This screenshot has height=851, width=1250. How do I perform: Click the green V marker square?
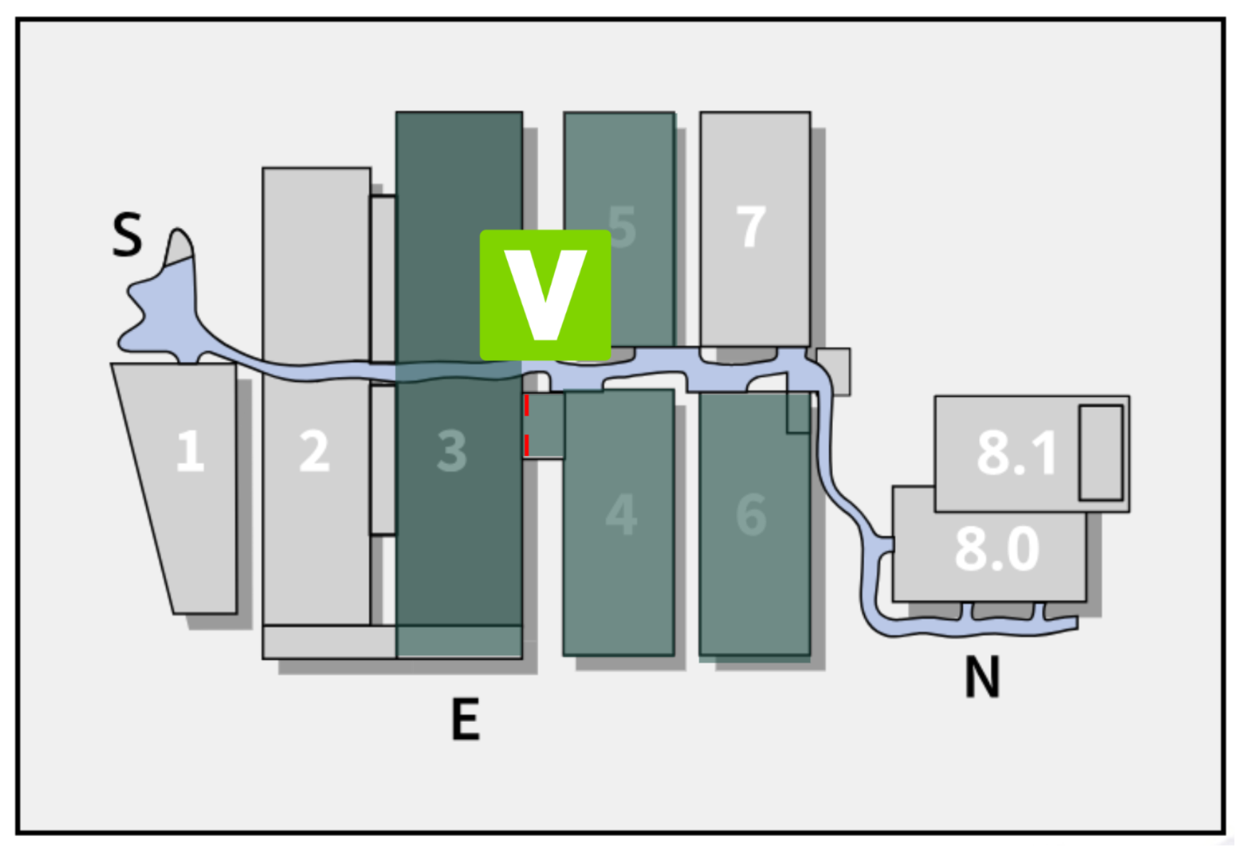(545, 294)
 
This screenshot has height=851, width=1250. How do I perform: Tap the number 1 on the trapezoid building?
(190, 450)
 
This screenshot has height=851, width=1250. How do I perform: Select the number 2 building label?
(314, 450)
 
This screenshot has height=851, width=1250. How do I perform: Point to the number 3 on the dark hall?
(452, 450)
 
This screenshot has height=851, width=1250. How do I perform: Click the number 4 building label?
(620, 514)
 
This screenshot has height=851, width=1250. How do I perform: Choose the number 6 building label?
(751, 514)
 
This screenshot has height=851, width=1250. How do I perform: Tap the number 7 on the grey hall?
(751, 227)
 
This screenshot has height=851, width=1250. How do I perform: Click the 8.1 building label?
(1015, 453)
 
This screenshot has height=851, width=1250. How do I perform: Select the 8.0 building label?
(997, 549)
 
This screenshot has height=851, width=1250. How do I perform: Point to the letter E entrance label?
(466, 719)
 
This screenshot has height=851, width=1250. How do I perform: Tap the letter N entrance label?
(982, 676)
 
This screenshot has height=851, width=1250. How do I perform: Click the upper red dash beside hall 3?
(527, 405)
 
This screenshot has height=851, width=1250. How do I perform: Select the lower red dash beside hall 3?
(527, 445)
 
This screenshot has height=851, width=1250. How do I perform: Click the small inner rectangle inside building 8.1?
(1100, 453)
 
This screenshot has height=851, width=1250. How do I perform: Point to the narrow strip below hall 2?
(328, 641)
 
